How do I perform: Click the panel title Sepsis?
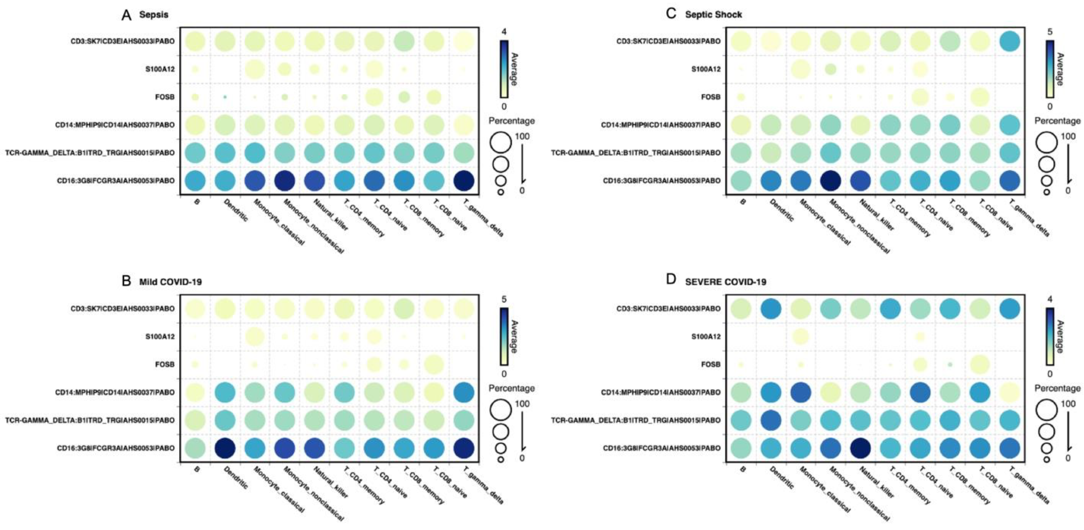click(154, 15)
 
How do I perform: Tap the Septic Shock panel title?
click(713, 15)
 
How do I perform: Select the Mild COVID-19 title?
click(171, 282)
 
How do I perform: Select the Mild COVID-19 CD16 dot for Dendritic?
click(225, 448)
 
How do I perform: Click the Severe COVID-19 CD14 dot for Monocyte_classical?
click(800, 392)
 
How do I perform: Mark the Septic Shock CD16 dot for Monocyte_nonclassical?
click(830, 181)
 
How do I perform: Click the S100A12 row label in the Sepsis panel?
click(160, 69)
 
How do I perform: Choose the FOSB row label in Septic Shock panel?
click(711, 97)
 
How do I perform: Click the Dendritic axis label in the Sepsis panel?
click(236, 210)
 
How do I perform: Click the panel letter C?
click(671, 14)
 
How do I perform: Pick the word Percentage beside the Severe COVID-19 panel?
click(1058, 388)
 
